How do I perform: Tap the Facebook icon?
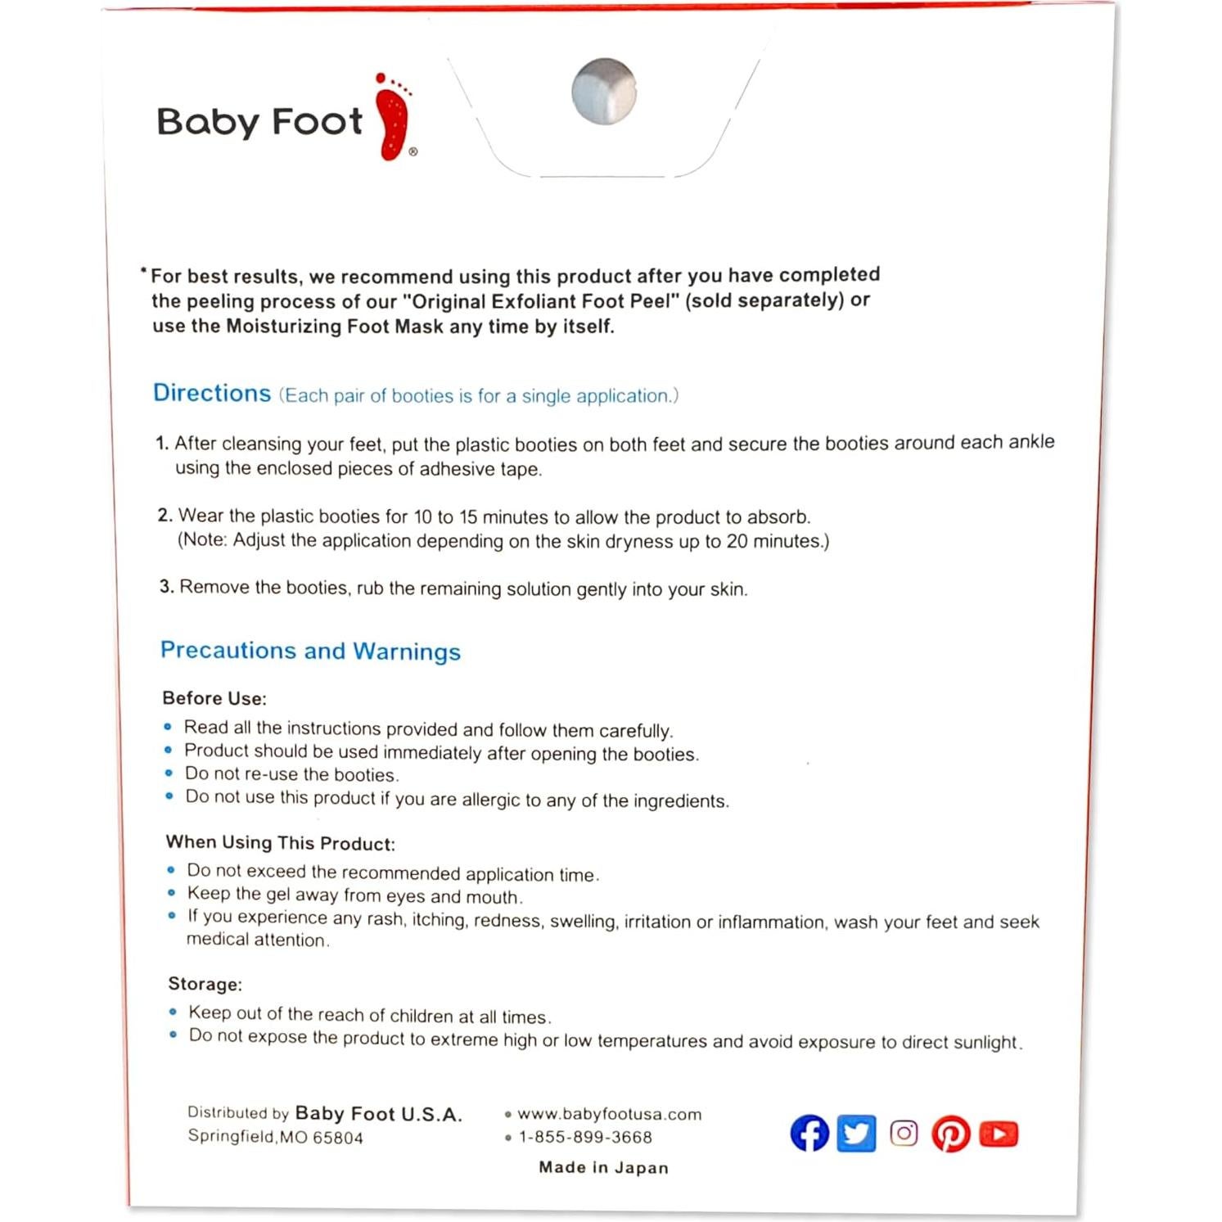809,1134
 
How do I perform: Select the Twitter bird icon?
856,1134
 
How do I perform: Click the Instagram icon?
904,1134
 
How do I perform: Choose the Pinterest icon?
950,1134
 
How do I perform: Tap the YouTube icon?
999,1134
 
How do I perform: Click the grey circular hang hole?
604,92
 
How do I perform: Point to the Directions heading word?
212,394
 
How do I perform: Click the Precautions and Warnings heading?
310,651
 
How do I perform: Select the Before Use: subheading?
214,698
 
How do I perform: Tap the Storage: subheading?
205,984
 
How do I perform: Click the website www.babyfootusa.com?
609,1114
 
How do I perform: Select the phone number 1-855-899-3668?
585,1137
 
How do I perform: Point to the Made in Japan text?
603,1168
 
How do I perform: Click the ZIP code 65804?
337,1138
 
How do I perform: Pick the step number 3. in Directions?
166,587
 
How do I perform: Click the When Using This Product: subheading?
281,843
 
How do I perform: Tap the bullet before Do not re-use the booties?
169,773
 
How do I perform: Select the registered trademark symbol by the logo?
413,151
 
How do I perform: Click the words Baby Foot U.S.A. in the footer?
378,1114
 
